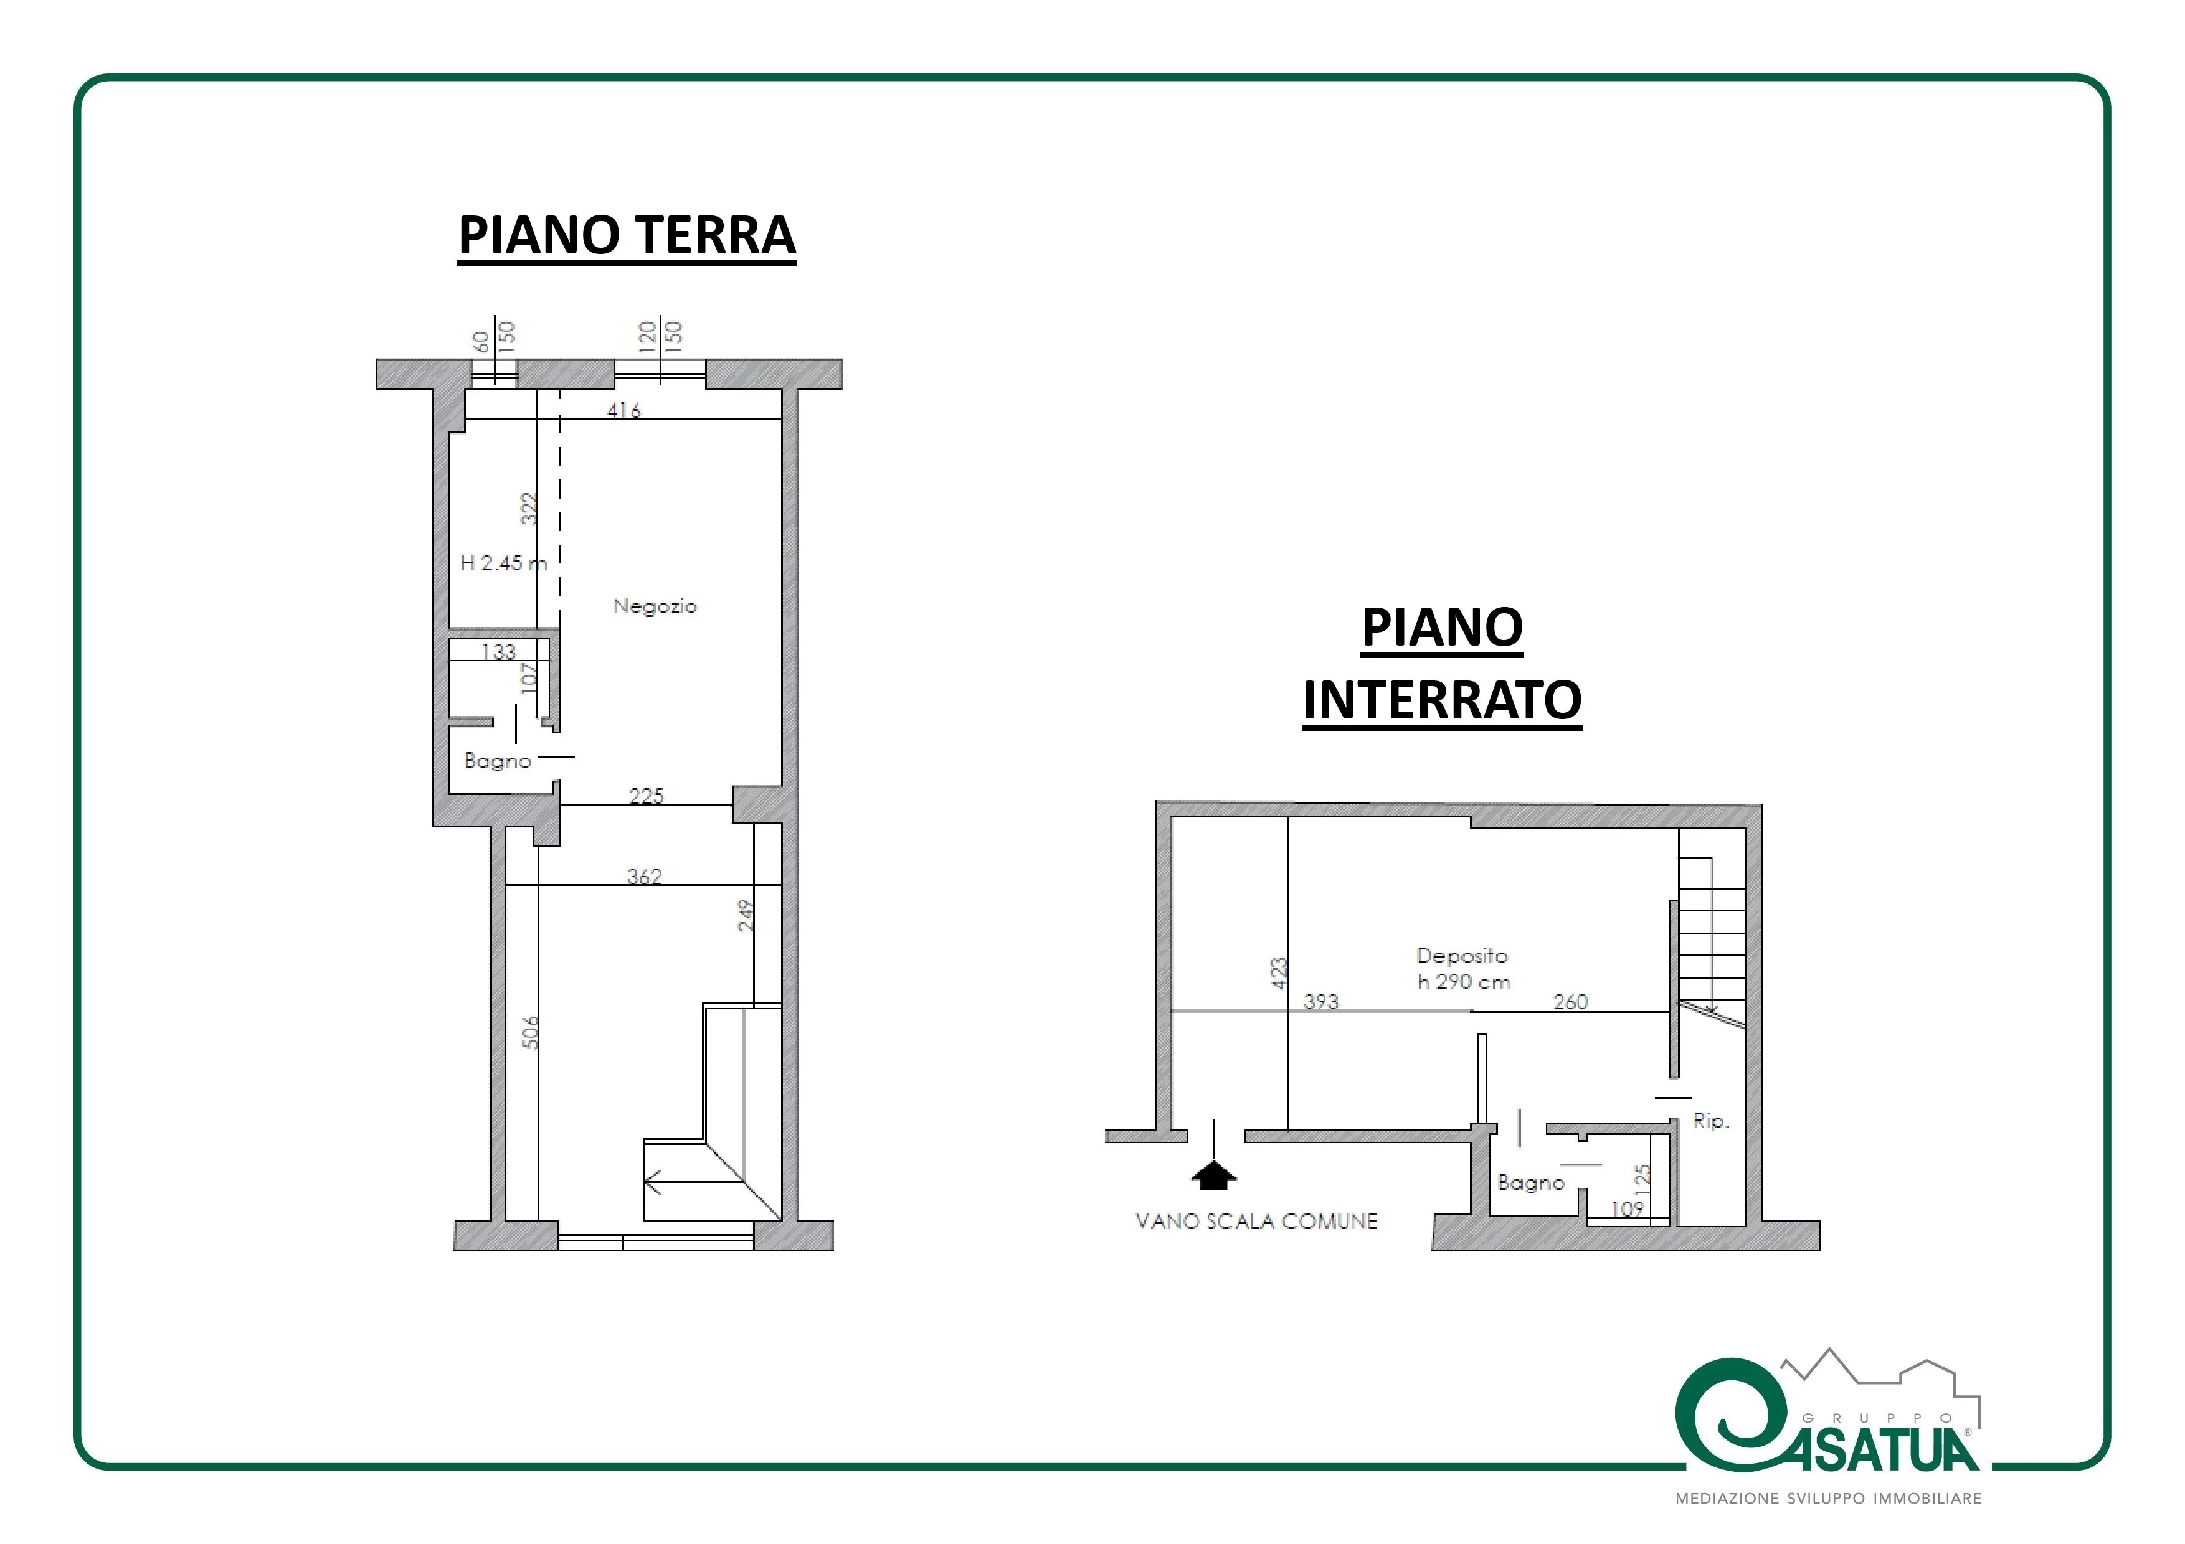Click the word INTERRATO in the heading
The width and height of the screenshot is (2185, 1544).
pos(1442,700)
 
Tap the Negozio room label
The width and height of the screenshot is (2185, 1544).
pos(655,606)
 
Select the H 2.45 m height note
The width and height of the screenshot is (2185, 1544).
pos(503,563)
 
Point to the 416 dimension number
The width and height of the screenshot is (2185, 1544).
pos(624,410)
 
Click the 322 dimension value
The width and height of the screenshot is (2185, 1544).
pos(529,509)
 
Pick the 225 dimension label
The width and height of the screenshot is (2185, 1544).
pos(646,795)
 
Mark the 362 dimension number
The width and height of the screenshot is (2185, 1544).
pos(644,876)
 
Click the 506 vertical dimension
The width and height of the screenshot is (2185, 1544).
pos(531,1032)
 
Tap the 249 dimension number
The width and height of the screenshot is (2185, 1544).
pos(746,915)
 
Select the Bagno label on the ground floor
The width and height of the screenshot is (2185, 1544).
pos(497,761)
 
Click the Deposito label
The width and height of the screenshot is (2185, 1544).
pos(1462,955)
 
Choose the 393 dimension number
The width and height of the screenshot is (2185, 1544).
pos(1321,1002)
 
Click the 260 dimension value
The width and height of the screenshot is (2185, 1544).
pos(1570,1002)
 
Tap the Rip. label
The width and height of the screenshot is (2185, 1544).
pos(1711,1122)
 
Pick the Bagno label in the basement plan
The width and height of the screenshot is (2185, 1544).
pos(1531,1182)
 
